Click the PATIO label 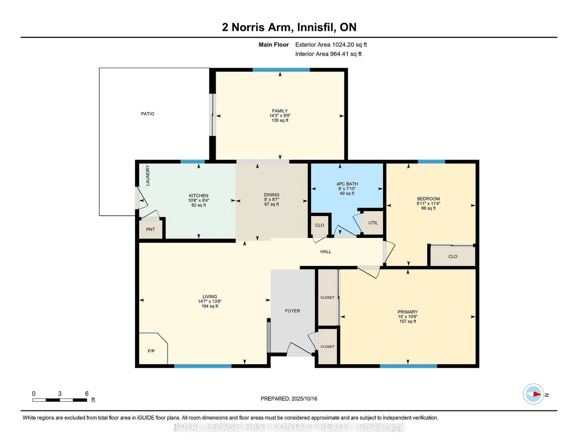[147, 114]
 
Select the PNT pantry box [151, 229]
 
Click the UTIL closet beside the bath [373, 223]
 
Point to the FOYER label [292, 311]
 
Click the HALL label [325, 251]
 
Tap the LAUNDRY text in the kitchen [148, 175]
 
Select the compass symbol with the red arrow [533, 394]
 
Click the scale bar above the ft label [60, 400]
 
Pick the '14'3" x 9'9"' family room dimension [280, 116]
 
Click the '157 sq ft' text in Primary [408, 322]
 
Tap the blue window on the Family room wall [281, 70]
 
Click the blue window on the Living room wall [203, 366]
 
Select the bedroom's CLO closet [453, 256]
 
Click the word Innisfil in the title [316, 28]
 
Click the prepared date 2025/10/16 [304, 399]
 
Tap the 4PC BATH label [347, 184]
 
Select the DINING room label [272, 195]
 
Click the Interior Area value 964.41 [339, 54]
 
